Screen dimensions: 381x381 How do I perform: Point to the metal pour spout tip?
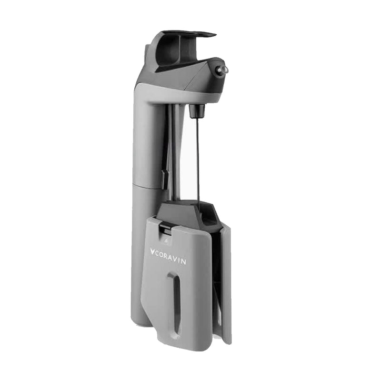(x=223, y=70)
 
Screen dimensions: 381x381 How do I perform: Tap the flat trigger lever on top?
(x=190, y=34)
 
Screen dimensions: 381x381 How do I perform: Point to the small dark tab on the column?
(x=163, y=179)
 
